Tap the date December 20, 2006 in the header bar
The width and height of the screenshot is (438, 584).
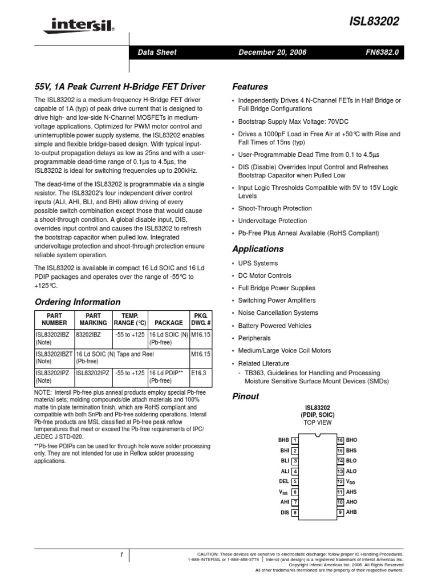tap(273, 52)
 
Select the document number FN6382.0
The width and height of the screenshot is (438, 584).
tap(383, 52)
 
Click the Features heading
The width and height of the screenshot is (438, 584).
tap(250, 87)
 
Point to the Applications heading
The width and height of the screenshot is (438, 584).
tap(258, 249)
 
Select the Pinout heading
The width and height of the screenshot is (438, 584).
tap(246, 396)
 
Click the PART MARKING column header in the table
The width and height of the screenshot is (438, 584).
tap(93, 319)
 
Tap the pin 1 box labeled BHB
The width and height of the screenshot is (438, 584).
tap(295, 440)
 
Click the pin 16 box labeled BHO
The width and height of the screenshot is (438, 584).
tap(340, 440)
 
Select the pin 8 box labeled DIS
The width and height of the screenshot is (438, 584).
tap(295, 513)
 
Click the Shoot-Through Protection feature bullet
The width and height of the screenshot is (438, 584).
tap(275, 208)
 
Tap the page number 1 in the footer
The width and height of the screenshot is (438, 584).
tap(122, 554)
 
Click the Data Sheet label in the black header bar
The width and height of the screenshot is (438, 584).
tap(157, 52)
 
